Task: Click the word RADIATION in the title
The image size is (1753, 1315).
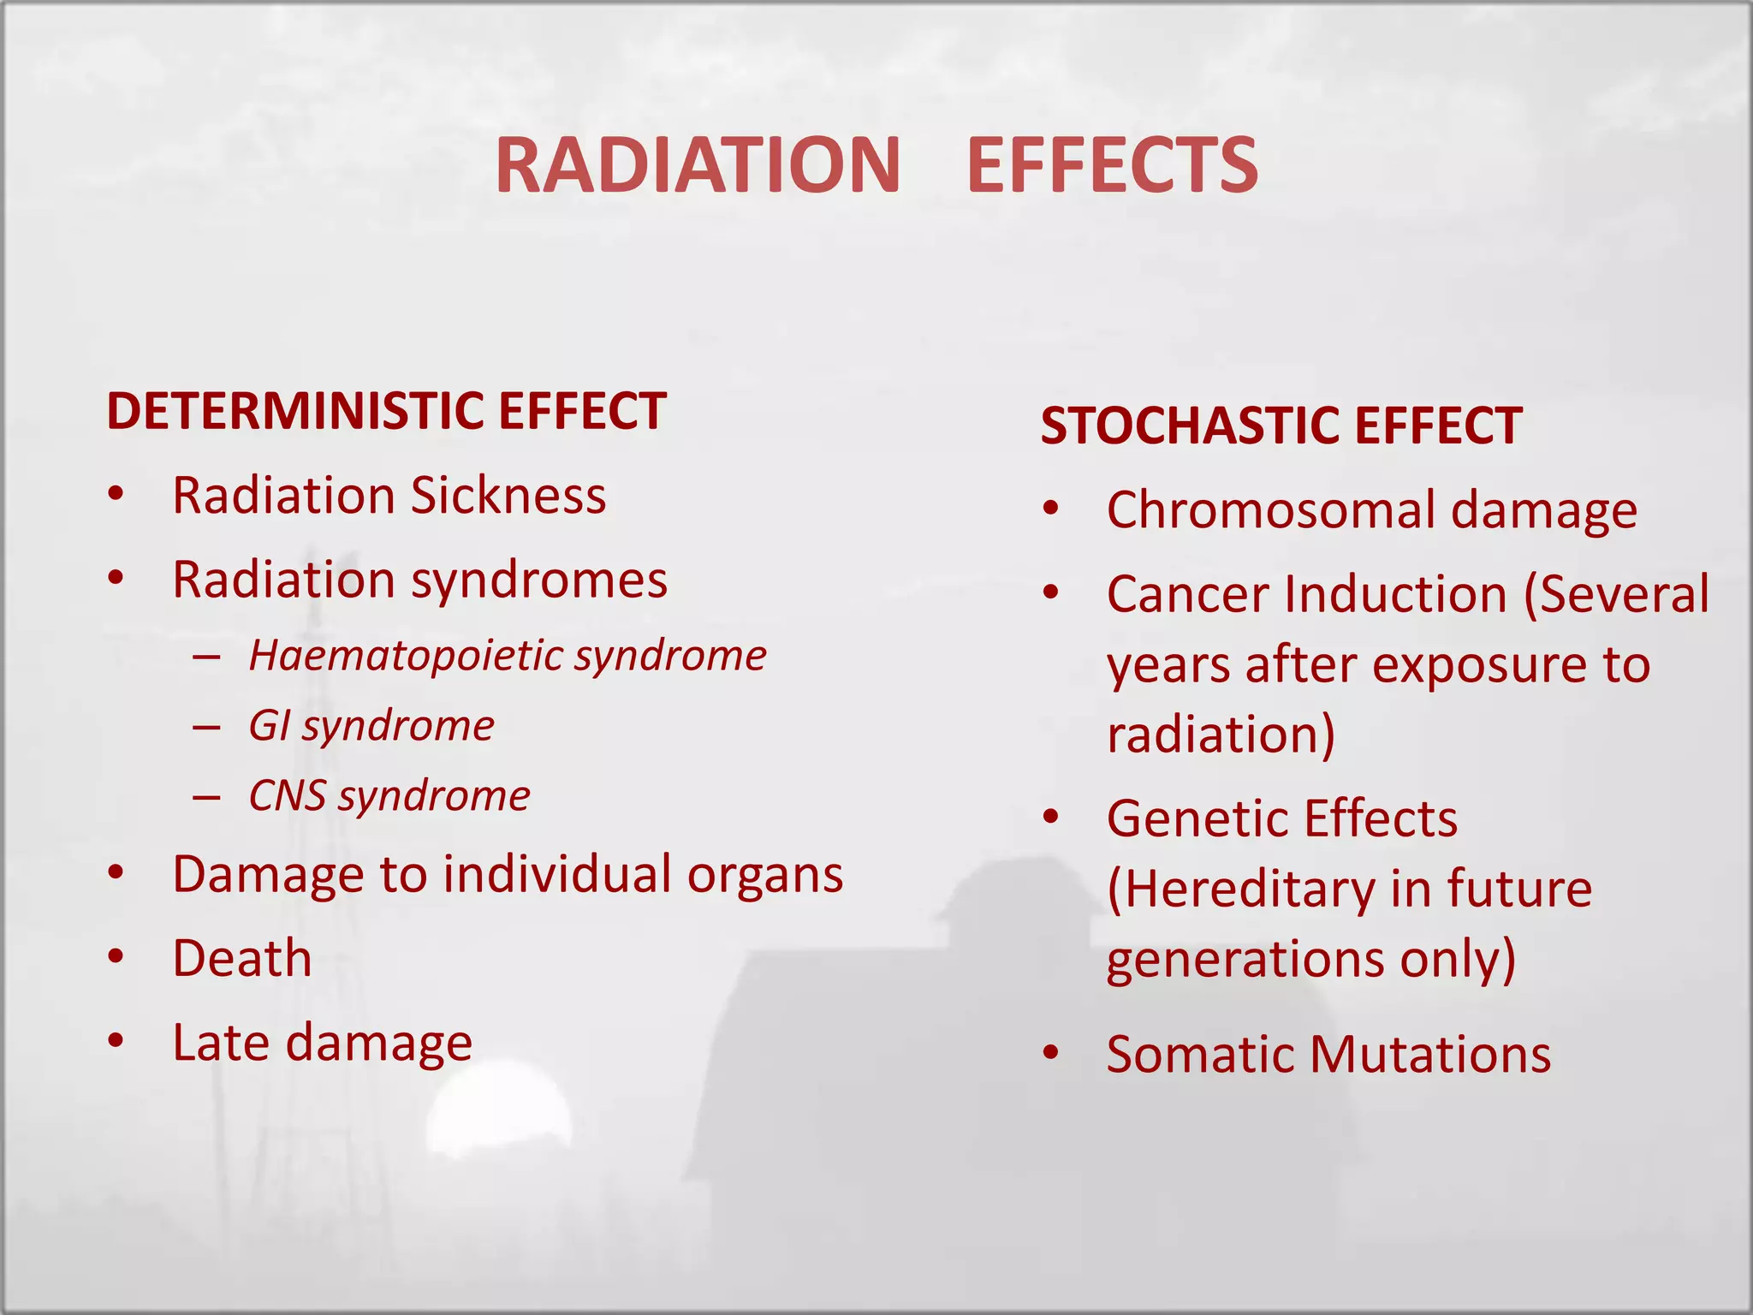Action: [698, 165]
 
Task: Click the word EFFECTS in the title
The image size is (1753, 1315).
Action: [1112, 165]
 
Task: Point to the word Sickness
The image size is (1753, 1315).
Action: [508, 496]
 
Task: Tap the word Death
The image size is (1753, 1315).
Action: [242, 958]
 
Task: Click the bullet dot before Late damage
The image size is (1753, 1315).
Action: [116, 1041]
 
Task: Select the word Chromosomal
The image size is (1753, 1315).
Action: [1270, 510]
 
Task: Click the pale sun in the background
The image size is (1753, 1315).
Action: [498, 1109]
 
